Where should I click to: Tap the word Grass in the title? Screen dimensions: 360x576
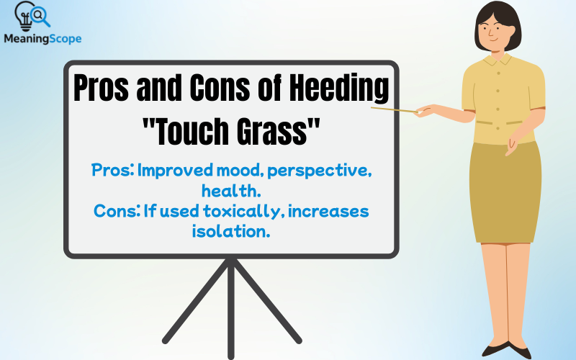tap(273, 132)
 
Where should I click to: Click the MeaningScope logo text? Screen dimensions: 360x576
tap(42, 39)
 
